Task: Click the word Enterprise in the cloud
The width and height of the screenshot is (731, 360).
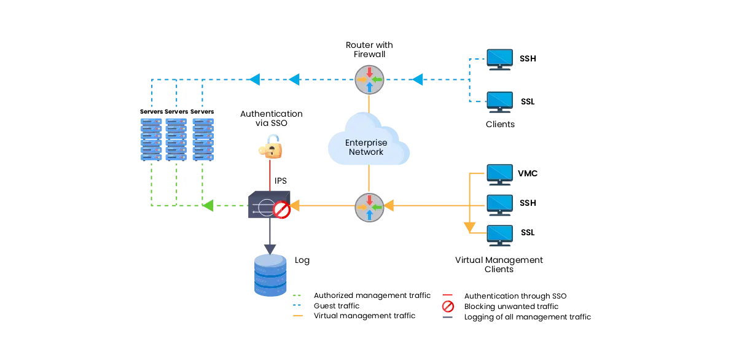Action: (366, 143)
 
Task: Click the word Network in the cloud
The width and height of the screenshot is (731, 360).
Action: (366, 152)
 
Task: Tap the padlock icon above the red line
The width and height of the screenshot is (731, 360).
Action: (270, 147)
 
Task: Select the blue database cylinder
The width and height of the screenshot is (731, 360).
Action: (270, 276)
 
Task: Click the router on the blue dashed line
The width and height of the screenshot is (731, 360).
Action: (369, 80)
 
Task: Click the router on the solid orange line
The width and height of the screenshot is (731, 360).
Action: (369, 207)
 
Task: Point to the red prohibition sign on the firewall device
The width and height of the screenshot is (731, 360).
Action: (281, 211)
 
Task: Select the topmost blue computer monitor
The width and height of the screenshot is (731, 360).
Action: (500, 58)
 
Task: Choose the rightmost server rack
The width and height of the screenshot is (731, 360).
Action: (204, 139)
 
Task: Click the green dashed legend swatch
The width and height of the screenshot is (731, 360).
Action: (297, 295)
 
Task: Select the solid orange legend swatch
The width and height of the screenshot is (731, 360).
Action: (297, 317)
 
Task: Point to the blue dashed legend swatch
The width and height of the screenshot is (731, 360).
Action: (297, 305)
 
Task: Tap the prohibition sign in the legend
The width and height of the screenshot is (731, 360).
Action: (448, 306)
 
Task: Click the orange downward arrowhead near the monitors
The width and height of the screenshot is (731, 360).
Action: (470, 229)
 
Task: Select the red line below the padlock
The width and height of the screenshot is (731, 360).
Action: (270, 175)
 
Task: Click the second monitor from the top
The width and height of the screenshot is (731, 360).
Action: (500, 100)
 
